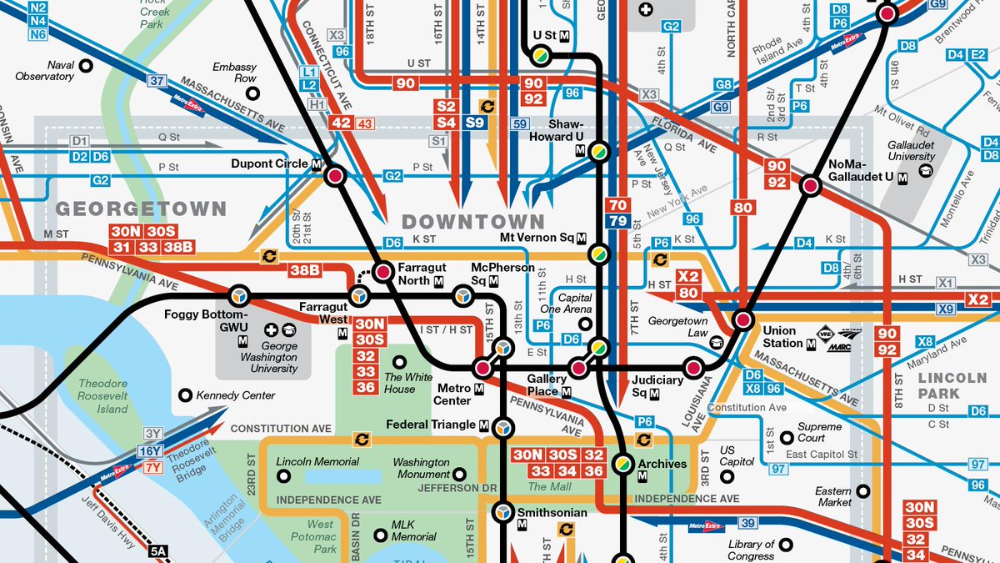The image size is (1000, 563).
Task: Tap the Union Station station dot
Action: click(x=742, y=319)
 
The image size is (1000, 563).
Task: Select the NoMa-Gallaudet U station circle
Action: click(x=809, y=186)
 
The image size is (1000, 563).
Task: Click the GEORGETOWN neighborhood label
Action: click(x=141, y=209)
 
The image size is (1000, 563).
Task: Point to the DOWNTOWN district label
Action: click(x=472, y=222)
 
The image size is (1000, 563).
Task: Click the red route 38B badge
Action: click(x=305, y=270)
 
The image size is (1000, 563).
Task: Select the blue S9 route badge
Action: click(x=476, y=123)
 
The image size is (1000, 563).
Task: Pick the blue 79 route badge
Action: click(x=618, y=220)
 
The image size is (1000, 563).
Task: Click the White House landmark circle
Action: click(x=400, y=363)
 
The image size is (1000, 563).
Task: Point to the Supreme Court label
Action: click(x=820, y=433)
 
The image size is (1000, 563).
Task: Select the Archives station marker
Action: click(x=622, y=463)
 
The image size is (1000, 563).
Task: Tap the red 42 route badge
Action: click(x=342, y=123)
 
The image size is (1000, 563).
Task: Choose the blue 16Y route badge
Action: click(x=151, y=451)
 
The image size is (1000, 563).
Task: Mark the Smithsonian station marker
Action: click(x=503, y=510)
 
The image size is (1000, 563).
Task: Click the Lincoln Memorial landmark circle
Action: click(x=284, y=476)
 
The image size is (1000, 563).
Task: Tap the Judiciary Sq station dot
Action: click(x=692, y=368)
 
